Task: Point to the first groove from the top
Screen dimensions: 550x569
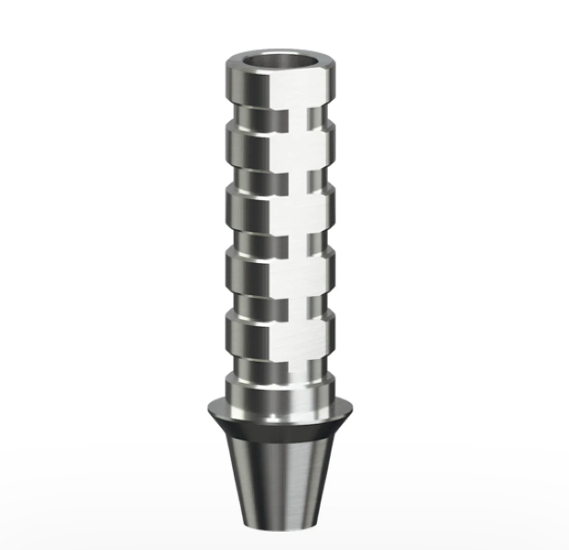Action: coord(282,118)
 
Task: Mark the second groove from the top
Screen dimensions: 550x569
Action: coord(282,174)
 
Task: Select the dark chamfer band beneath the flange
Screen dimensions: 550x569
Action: coord(282,423)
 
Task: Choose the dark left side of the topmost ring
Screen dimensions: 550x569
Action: coord(234,91)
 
